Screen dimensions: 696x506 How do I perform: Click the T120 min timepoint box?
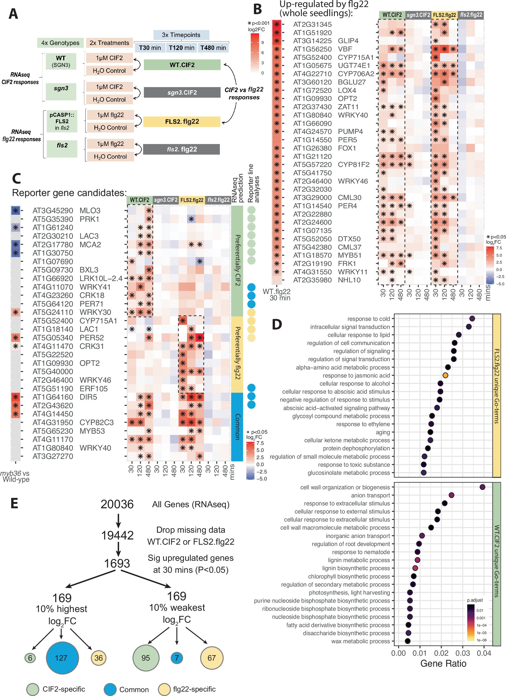182,48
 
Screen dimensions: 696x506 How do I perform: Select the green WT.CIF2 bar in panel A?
182,65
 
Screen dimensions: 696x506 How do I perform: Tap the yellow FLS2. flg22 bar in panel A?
182,121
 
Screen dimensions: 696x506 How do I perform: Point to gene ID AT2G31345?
312,24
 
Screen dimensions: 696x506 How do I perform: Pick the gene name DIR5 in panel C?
88,397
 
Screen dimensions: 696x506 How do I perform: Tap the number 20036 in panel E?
117,504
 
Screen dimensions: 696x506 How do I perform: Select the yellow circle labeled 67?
212,658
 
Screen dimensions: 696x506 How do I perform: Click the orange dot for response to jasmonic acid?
445,375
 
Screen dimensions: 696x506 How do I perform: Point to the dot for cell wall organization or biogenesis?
482,487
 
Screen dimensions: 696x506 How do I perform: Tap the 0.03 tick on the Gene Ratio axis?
462,653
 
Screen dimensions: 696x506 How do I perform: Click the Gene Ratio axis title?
443,664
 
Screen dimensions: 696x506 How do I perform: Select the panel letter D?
277,324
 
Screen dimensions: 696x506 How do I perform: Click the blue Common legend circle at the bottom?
110,689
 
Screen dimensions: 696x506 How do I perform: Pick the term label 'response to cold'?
368,319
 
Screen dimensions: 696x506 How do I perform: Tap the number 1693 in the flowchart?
117,563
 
